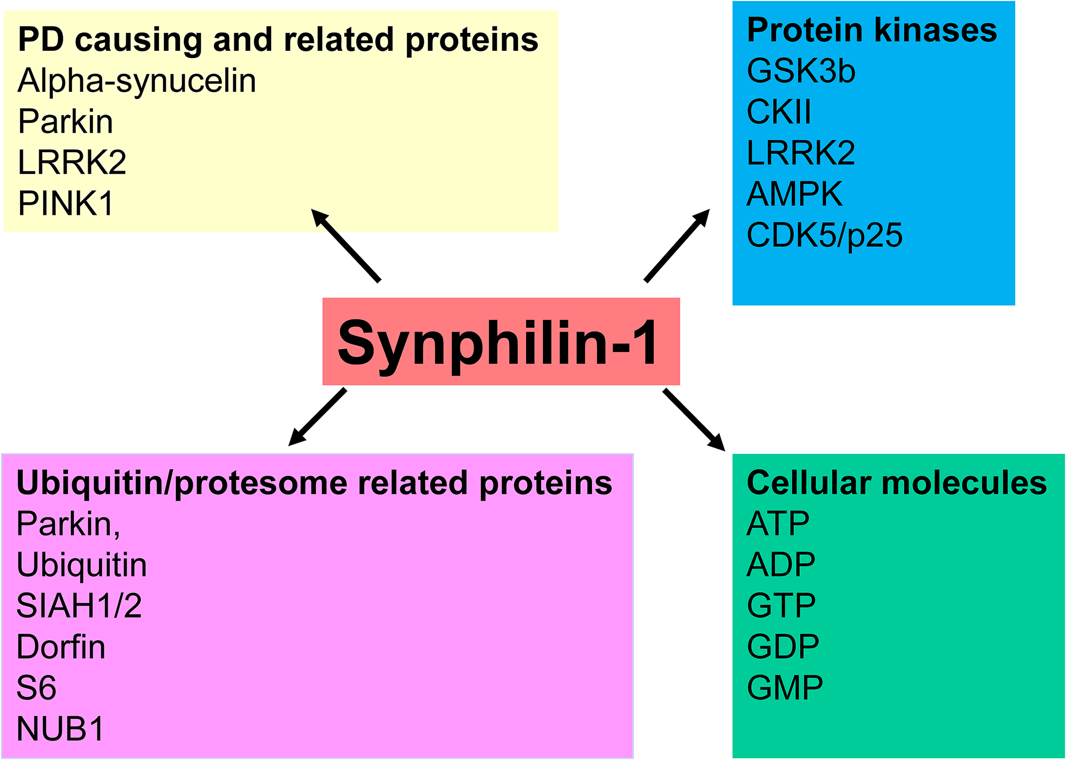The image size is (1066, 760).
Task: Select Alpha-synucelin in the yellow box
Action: tap(137, 81)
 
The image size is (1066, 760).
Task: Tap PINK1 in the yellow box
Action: tap(65, 204)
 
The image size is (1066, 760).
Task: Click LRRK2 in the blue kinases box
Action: tap(800, 153)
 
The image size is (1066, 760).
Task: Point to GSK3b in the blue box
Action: tap(800, 71)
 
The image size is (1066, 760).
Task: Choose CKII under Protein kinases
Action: tap(779, 112)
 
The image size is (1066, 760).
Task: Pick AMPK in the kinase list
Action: tap(794, 194)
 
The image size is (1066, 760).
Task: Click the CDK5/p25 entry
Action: tap(824, 235)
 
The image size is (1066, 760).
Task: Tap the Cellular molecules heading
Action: tap(897, 482)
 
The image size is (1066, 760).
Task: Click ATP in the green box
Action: tap(778, 523)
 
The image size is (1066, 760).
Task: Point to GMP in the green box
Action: tap(785, 687)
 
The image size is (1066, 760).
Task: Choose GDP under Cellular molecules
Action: tap(783, 646)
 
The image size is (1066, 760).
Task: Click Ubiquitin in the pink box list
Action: tap(82, 565)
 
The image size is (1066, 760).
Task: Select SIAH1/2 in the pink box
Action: tap(79, 606)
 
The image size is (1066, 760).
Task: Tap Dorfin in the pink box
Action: tap(61, 647)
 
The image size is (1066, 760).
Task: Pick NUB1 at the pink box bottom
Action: tap(60, 729)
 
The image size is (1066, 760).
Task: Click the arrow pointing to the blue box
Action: tap(676, 246)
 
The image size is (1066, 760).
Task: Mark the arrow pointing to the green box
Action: tap(694, 420)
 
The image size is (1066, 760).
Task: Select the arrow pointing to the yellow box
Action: tap(346, 246)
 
